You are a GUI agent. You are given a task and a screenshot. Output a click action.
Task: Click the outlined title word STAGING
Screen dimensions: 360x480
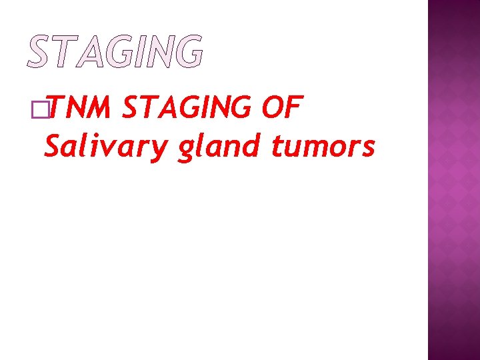(x=115, y=51)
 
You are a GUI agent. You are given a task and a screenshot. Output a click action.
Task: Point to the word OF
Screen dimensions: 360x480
(x=283, y=109)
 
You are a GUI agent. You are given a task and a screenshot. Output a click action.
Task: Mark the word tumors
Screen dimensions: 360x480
(x=323, y=147)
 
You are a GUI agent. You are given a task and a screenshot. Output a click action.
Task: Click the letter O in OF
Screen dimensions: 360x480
(x=271, y=109)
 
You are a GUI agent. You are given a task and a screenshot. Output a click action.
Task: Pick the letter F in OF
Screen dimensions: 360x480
(x=295, y=109)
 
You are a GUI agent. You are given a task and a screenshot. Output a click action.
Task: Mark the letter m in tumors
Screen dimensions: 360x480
(x=319, y=148)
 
